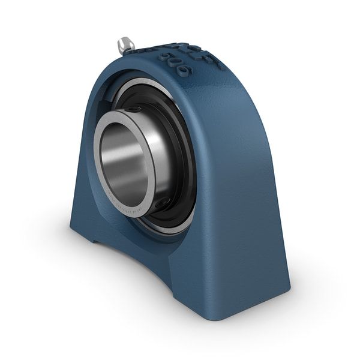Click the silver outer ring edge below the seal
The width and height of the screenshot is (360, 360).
tap(171, 225)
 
